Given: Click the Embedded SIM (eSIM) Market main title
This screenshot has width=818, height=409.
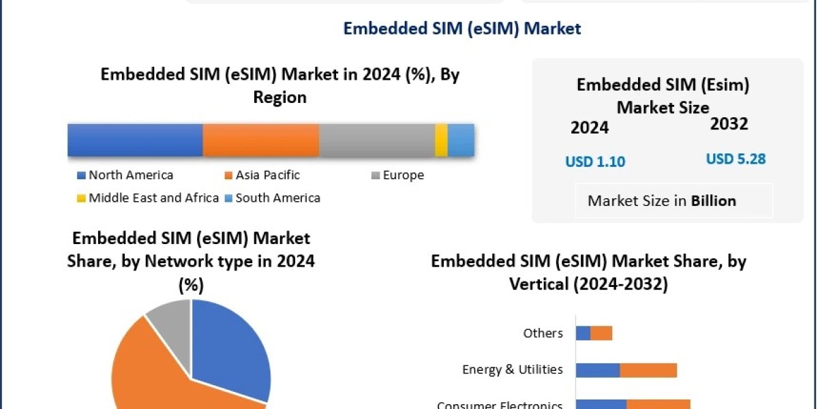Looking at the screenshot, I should (461, 28).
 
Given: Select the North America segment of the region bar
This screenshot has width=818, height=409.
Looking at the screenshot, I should (135, 140).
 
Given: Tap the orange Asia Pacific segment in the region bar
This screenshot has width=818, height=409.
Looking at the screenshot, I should (260, 140).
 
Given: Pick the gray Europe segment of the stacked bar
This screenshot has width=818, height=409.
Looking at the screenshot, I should (376, 140).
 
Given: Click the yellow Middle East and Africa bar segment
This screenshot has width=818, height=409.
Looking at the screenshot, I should (441, 140).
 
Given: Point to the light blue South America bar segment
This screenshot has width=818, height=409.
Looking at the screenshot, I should (460, 140).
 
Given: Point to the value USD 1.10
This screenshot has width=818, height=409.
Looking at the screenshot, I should (595, 162).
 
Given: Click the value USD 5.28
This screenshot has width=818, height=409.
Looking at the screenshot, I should (736, 160).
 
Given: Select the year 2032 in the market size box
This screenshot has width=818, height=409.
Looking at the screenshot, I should (729, 124).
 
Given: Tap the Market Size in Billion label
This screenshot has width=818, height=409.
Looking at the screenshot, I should (661, 201).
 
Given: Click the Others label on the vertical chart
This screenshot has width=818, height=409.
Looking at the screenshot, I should (543, 333).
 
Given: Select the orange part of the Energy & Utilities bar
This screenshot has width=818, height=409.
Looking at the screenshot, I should (648, 370).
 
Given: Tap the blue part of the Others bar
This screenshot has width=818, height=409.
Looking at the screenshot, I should (583, 333).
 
